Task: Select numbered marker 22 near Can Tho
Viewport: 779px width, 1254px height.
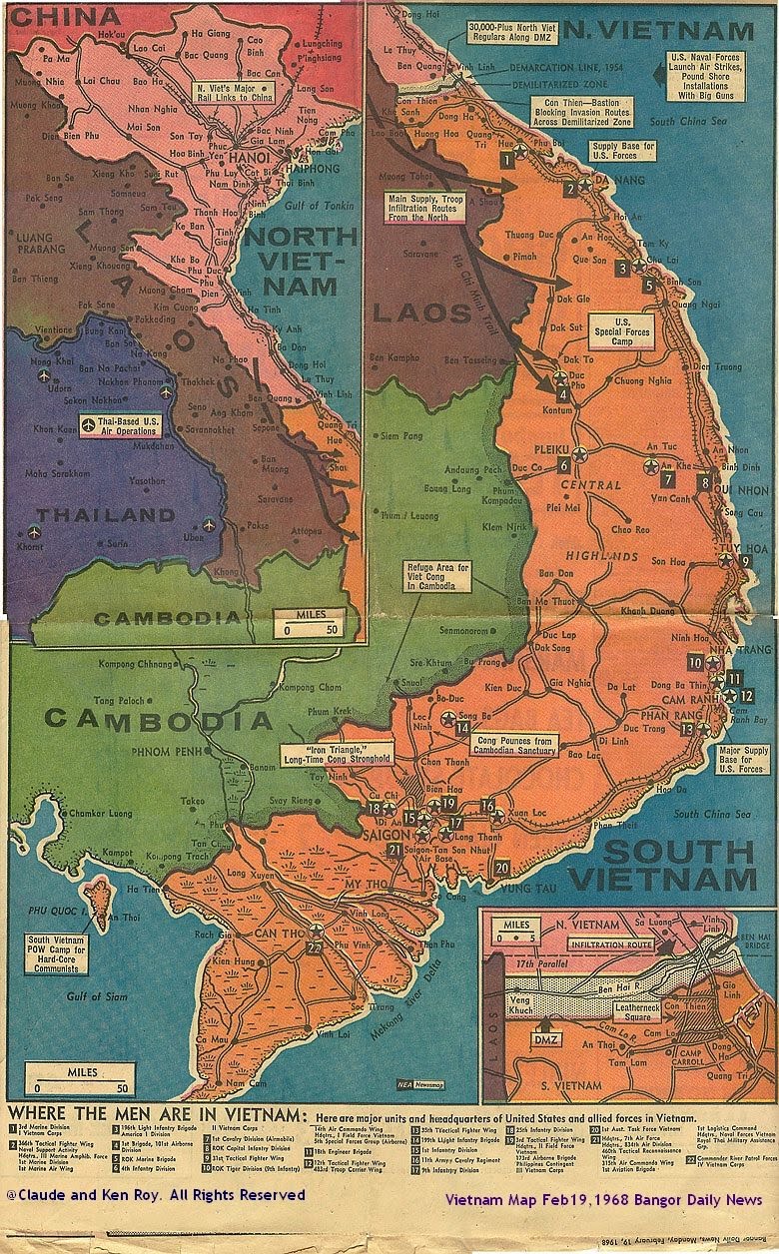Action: [x=317, y=945]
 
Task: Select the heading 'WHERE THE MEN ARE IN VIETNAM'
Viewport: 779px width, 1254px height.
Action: [x=155, y=1114]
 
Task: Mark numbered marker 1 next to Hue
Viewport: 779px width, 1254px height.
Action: [x=507, y=159]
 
